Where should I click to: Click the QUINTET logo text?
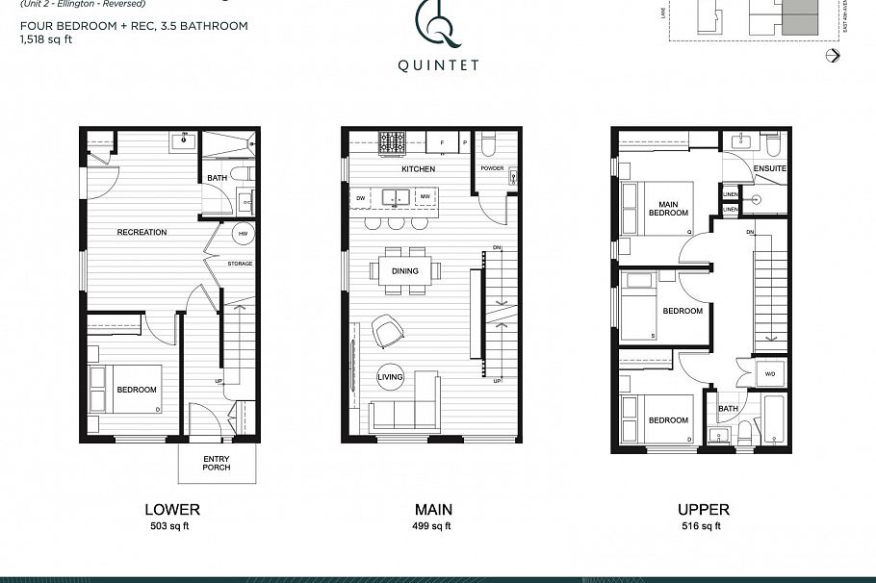point(438,66)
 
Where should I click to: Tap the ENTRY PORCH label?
point(218,463)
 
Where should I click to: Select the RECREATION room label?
point(142,232)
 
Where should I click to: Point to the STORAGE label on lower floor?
point(240,263)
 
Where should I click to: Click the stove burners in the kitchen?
point(392,143)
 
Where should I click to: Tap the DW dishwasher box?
point(361,198)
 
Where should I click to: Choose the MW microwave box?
point(425,198)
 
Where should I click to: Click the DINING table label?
point(404,271)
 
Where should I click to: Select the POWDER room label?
point(493,168)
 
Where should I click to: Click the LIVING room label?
point(390,376)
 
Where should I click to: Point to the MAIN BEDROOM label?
point(665,209)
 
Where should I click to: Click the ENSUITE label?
point(770,168)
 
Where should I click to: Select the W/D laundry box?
point(769,374)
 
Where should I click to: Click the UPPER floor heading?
point(704,510)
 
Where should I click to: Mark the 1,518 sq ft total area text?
point(45,40)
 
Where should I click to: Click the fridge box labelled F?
point(442,142)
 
